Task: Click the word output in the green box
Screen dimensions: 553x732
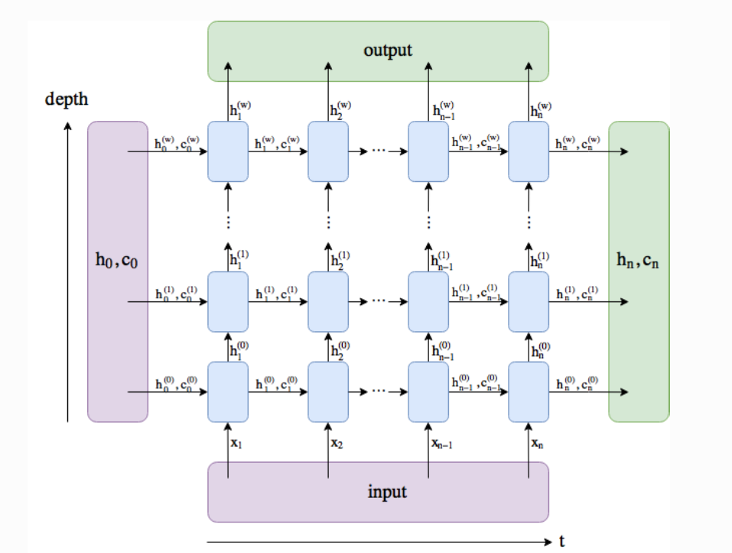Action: click(x=388, y=50)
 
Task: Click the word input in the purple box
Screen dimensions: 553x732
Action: click(x=388, y=491)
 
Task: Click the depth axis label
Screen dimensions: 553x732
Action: click(x=66, y=99)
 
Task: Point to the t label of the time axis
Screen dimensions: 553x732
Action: click(x=562, y=542)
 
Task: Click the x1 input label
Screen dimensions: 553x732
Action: click(x=236, y=442)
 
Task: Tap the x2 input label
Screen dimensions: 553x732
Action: click(x=337, y=442)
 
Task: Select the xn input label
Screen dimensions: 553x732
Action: click(x=538, y=442)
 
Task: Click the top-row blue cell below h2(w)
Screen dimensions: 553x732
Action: click(x=328, y=151)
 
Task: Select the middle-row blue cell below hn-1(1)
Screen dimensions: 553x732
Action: click(x=428, y=301)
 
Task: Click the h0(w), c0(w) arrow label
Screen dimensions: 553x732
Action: click(x=177, y=142)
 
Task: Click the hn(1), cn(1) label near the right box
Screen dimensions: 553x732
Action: click(x=579, y=293)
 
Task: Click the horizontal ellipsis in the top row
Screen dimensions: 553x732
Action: click(x=378, y=151)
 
